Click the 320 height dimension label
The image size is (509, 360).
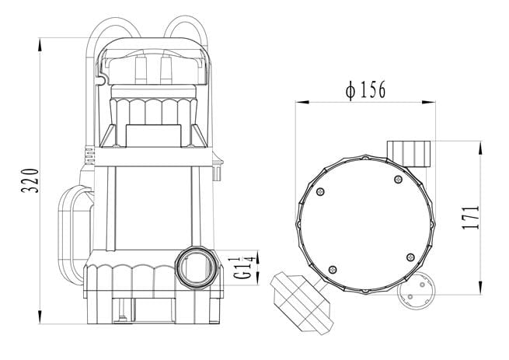(x=30, y=180)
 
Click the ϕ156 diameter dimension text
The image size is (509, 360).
(x=366, y=89)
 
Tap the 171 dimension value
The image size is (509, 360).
(x=470, y=218)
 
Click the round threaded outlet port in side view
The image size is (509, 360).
(x=196, y=267)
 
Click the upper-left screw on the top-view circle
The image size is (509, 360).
(x=321, y=192)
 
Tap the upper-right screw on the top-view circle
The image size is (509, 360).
(x=398, y=179)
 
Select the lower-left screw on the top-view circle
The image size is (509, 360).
(x=333, y=269)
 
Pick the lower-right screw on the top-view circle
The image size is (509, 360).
(x=410, y=257)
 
